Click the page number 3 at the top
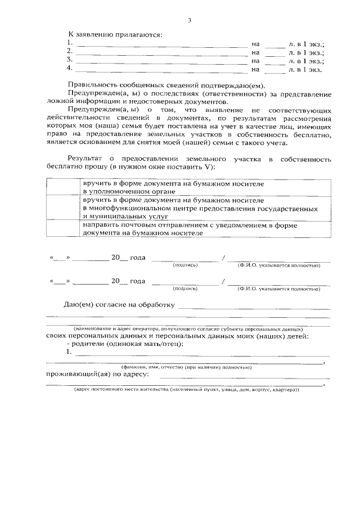point(190,21)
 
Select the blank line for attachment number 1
point(161,44)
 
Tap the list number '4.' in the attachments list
point(70,69)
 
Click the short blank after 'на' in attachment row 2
point(275,53)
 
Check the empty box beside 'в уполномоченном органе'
point(62,187)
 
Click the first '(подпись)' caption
point(185,265)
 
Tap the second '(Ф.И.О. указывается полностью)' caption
point(278,289)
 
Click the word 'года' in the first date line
point(138,258)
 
